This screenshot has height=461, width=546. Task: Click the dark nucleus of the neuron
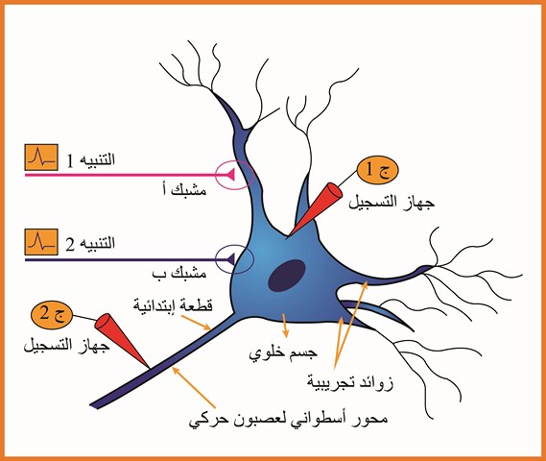click(x=287, y=276)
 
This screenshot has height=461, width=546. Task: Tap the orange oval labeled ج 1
click(x=377, y=170)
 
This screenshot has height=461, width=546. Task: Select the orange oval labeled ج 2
click(x=52, y=314)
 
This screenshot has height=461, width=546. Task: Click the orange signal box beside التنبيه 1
click(x=41, y=158)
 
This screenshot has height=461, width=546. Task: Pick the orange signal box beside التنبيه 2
click(x=41, y=242)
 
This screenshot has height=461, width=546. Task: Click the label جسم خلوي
click(x=283, y=354)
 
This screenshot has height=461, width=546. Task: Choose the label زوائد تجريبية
click(x=350, y=383)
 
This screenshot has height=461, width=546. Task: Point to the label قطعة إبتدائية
click(x=173, y=306)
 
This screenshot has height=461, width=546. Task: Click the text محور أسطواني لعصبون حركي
click(x=288, y=419)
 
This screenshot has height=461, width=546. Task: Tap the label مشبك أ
click(x=185, y=190)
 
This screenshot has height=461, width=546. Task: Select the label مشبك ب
click(x=179, y=273)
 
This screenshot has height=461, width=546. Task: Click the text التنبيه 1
click(x=90, y=160)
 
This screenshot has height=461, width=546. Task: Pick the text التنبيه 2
click(x=90, y=244)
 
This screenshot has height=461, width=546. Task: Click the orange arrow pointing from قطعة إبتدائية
click(x=197, y=323)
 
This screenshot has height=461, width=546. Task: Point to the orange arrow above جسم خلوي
click(x=285, y=326)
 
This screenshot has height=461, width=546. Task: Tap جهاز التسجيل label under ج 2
click(x=66, y=347)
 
